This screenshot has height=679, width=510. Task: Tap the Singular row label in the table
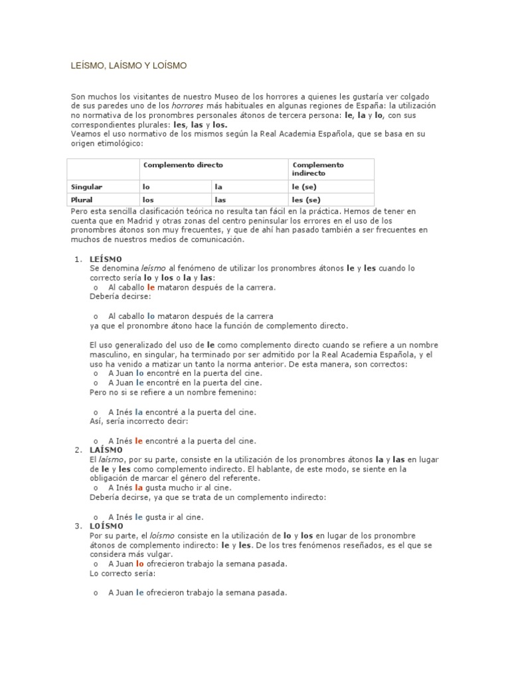pyautogui.click(x=87, y=187)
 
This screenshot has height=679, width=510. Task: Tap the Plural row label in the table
pyautogui.click(x=83, y=199)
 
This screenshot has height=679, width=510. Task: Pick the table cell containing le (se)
pyautogui.click(x=305, y=187)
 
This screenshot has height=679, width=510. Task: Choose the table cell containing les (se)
pyautogui.click(x=307, y=199)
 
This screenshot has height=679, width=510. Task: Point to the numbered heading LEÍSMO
pyautogui.click(x=106, y=259)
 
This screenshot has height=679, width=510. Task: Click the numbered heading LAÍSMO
pyautogui.click(x=106, y=450)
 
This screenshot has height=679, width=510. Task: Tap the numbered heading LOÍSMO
pyautogui.click(x=106, y=526)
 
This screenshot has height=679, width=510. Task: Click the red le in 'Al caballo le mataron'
pyautogui.click(x=151, y=287)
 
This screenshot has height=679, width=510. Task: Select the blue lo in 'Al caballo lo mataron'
pyautogui.click(x=151, y=316)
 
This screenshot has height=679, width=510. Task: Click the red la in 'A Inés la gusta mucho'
pyautogui.click(x=139, y=487)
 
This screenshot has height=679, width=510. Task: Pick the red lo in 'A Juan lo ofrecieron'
pyautogui.click(x=139, y=564)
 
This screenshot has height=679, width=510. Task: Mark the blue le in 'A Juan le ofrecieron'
pyautogui.click(x=139, y=593)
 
